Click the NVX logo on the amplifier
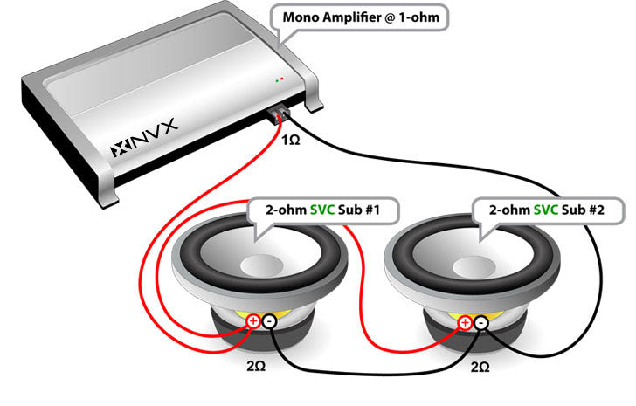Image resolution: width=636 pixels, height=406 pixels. coord(144,138)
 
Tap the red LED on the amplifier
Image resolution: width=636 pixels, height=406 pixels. coord(282,79)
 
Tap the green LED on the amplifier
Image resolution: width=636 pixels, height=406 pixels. coord(277,81)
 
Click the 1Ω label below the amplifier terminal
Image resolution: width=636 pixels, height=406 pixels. coord(290,140)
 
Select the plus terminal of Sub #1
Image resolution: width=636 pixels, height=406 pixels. coord(253,321)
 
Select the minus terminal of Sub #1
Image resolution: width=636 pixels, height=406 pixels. coord(269,321)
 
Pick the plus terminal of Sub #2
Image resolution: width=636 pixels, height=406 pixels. coord(465,323)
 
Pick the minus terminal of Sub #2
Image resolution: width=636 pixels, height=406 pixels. coord(481,323)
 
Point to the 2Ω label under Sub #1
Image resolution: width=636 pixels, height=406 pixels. coord(256,366)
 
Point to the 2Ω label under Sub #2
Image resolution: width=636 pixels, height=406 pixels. coord(480,367)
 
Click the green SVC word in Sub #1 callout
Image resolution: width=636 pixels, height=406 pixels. coord(322,210)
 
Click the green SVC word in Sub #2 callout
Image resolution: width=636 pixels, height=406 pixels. coord(546,210)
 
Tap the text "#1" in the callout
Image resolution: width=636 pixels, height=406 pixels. coord(371,210)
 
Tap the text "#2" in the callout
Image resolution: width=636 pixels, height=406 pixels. coord(596,210)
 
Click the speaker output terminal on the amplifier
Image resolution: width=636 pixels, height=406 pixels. coord(278,114)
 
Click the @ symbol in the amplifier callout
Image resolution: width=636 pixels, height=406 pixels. coord(389,17)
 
